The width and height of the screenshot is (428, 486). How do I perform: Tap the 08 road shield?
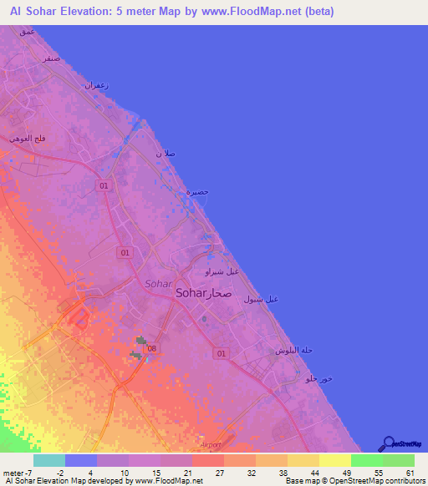pos(152,347)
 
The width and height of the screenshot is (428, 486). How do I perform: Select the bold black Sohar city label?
pos(191,293)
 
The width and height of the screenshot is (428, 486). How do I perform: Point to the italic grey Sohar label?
pos(158,283)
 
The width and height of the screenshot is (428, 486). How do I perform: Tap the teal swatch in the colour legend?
pos(49,460)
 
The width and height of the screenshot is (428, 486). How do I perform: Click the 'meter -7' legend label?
pos(18,472)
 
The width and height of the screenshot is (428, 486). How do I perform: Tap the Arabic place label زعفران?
pos(98,85)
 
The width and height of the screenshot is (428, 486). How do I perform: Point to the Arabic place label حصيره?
pos(196,193)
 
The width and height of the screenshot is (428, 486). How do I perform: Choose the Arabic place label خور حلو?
pos(320,379)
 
